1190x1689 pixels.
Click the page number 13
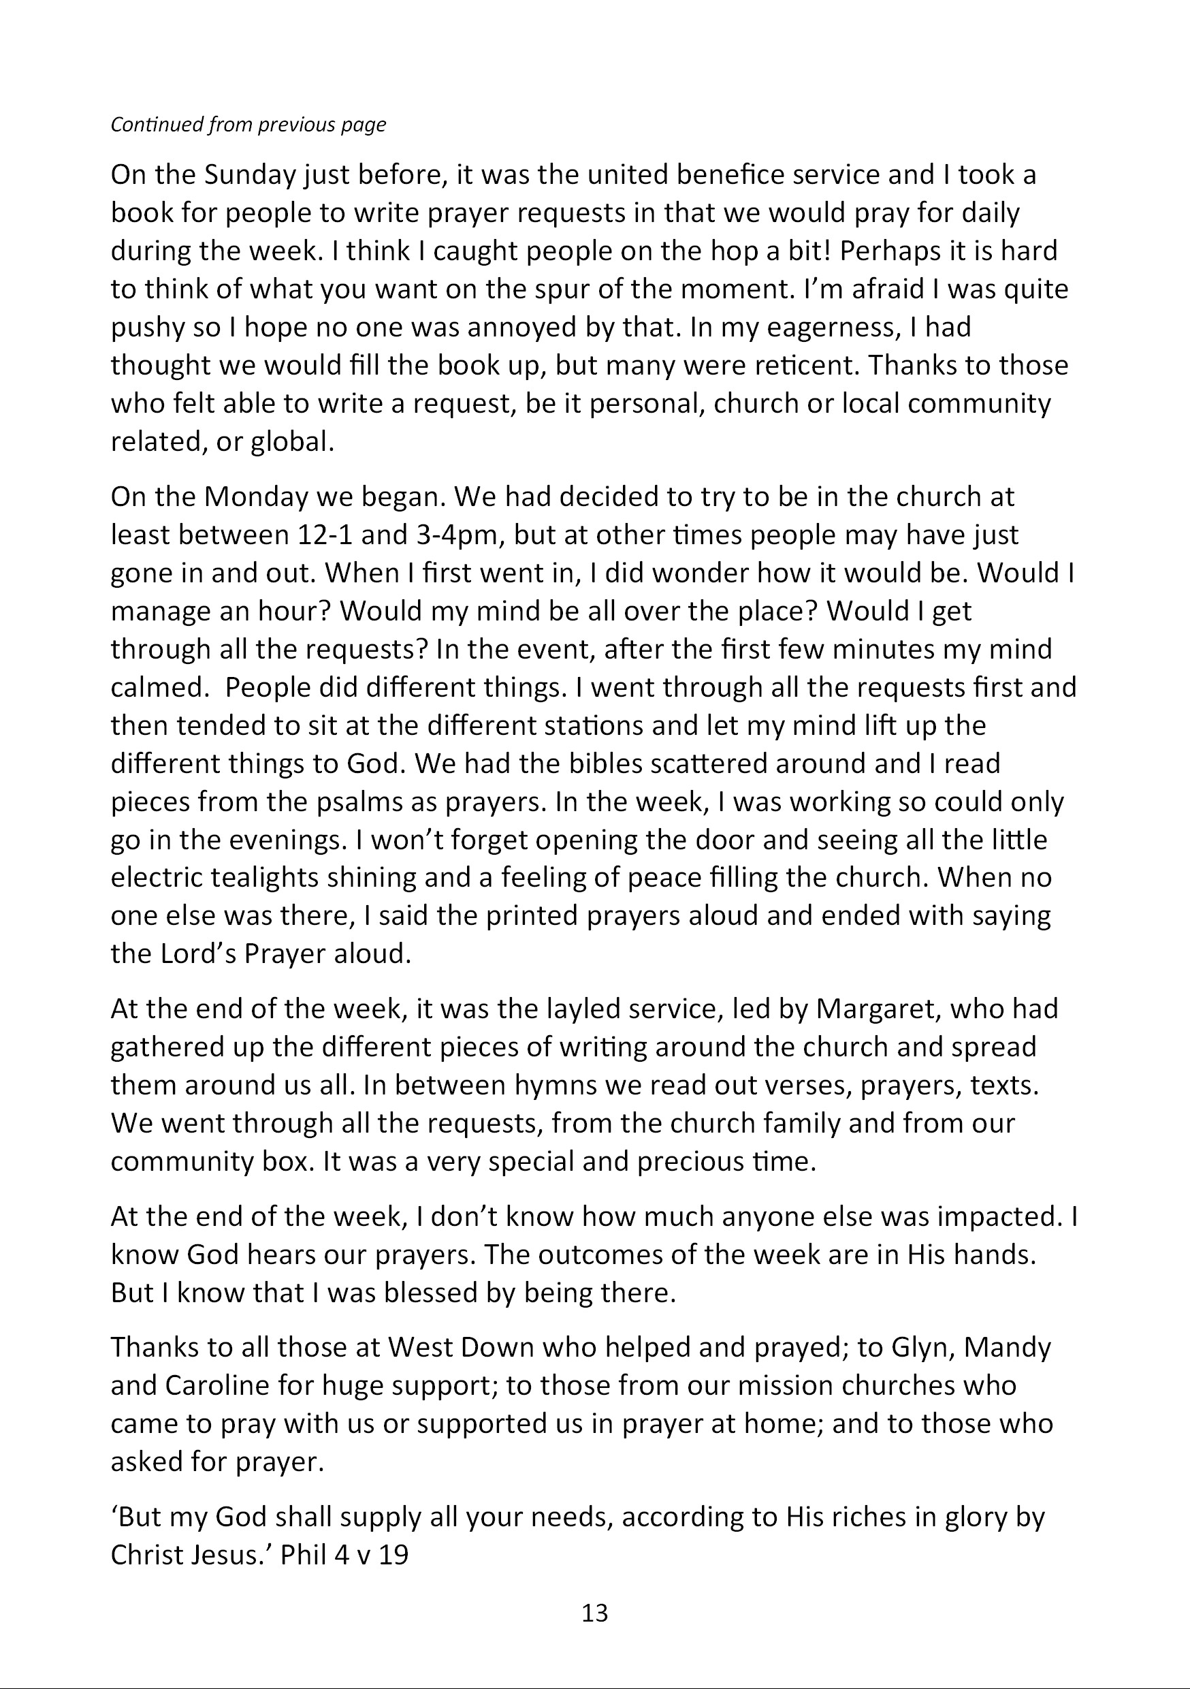(x=595, y=1613)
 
